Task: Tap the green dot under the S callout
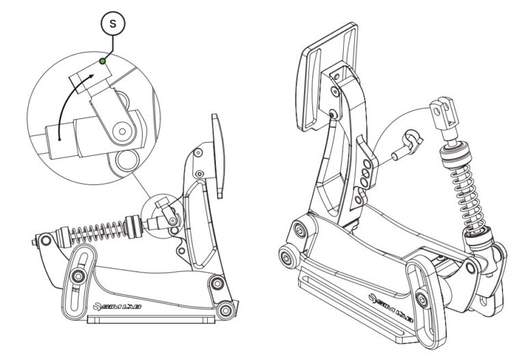(x=102, y=61)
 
